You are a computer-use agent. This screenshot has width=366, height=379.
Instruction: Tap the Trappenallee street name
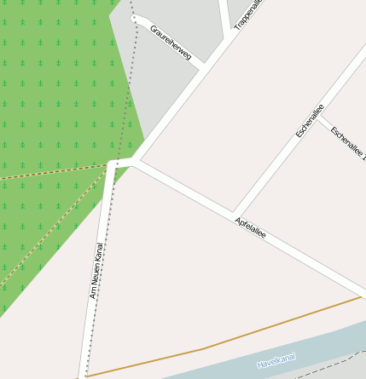click(247, 15)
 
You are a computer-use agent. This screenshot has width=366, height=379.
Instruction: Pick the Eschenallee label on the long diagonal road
click(310, 121)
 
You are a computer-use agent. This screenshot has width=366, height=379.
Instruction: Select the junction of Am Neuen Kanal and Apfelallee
click(114, 162)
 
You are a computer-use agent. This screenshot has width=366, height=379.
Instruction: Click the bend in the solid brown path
click(203, 348)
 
